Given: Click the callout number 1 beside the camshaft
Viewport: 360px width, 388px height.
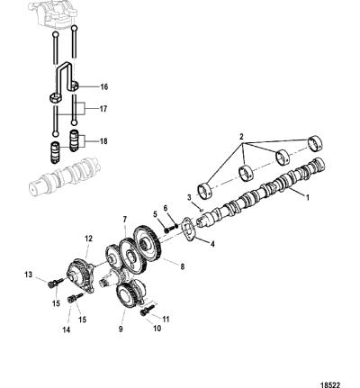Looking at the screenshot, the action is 307,197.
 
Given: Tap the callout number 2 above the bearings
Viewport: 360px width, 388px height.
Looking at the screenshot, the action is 242,137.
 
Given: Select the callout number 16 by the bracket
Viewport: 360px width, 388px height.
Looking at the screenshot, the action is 103,87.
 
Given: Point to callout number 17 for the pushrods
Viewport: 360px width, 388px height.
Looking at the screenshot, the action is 103,109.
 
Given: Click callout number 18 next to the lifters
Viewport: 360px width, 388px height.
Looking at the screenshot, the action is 103,141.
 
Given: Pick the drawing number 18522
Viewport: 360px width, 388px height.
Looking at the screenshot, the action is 330,384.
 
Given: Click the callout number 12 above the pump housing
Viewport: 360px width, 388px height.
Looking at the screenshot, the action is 88,239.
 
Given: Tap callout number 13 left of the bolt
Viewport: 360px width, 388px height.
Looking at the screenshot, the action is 28,275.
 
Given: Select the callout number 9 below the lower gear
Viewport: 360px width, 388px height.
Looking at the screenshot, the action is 121,329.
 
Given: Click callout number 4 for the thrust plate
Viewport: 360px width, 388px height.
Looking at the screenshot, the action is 212,244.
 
